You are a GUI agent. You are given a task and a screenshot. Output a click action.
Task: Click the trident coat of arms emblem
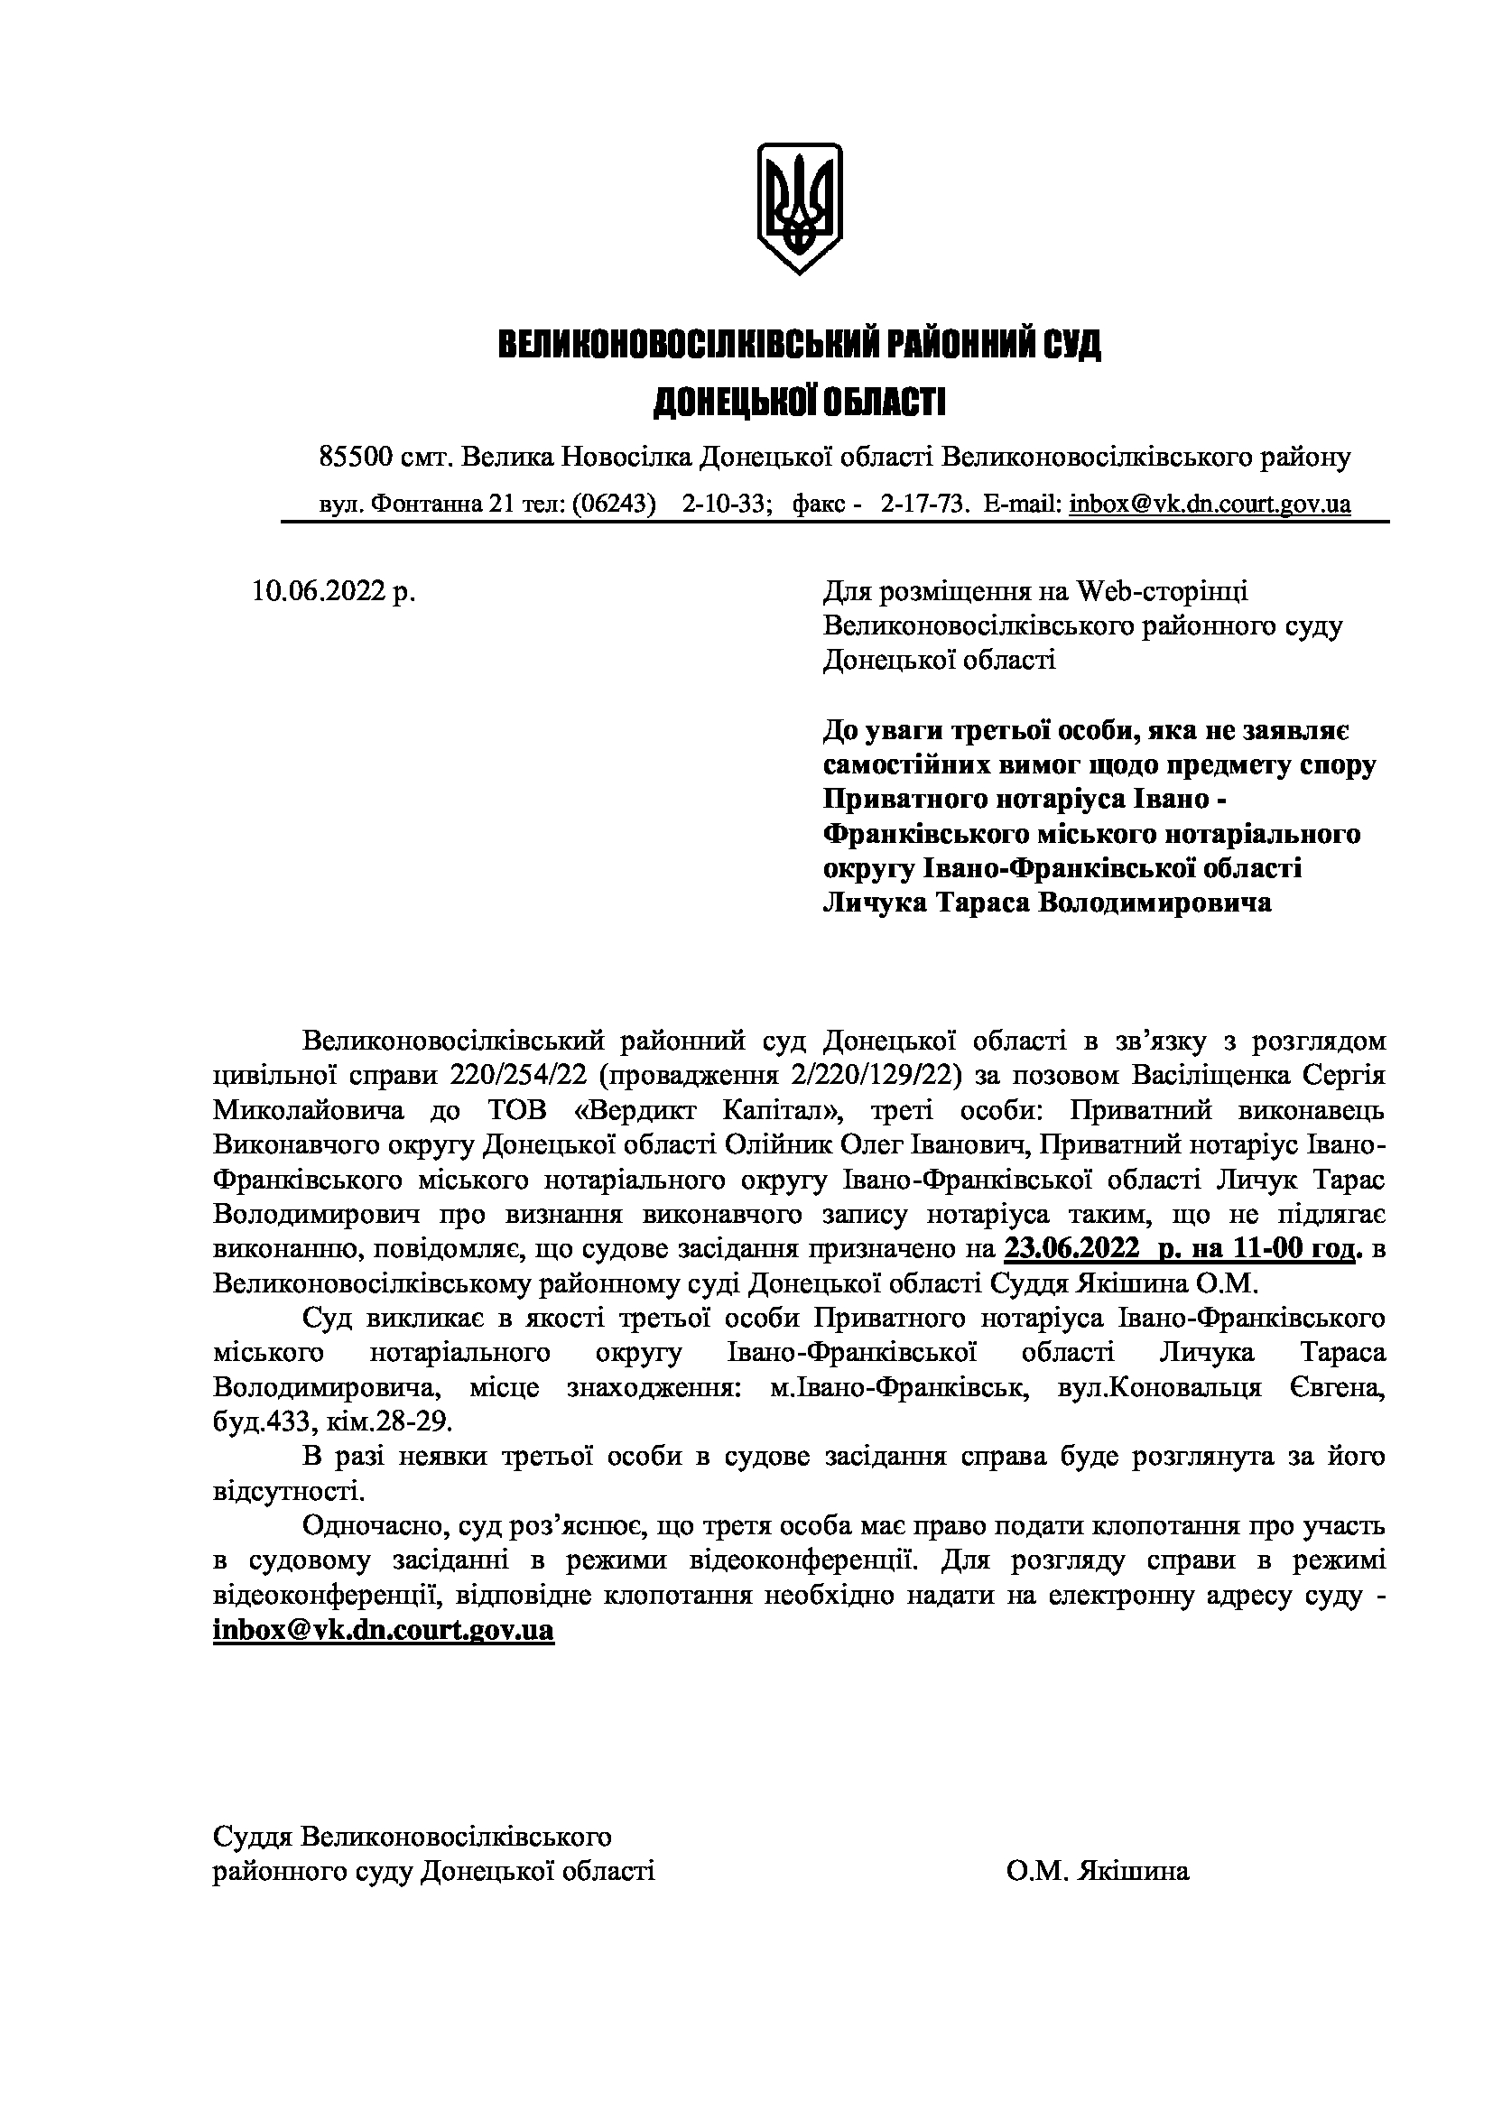[x=798, y=207]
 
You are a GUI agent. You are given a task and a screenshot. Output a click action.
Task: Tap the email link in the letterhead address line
[x=1210, y=504]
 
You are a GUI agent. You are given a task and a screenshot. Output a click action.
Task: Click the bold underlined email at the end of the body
[x=384, y=1630]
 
